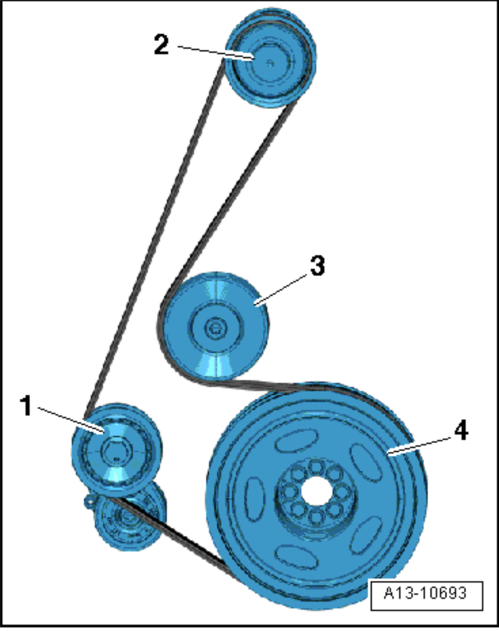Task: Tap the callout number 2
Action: click(x=162, y=45)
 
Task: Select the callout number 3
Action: click(x=318, y=266)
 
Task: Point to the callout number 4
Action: click(x=461, y=430)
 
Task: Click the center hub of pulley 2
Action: click(x=270, y=63)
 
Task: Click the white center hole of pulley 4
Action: click(x=318, y=491)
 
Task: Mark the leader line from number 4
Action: click(x=420, y=446)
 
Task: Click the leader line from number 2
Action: click(x=215, y=52)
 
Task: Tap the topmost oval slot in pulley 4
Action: click(x=297, y=440)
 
